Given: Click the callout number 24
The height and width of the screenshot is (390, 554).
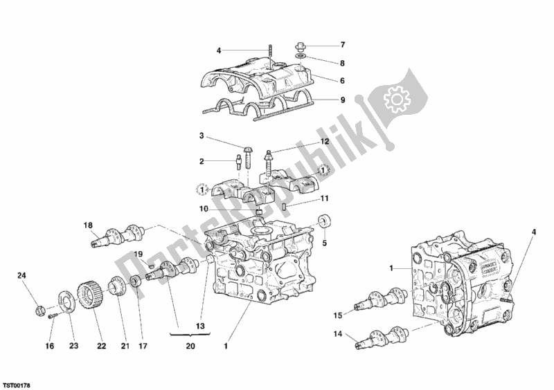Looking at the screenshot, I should (21, 277).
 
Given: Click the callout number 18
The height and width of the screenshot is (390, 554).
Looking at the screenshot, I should (88, 225).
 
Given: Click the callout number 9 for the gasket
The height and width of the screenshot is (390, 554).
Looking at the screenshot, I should (341, 99).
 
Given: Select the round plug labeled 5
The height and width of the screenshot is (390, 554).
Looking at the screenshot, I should (324, 222).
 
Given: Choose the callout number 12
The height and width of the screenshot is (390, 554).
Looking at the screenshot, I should (304, 142).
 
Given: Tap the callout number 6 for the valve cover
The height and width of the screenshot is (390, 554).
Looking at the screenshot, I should (341, 81).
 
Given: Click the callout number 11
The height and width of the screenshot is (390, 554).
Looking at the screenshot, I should (323, 199).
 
